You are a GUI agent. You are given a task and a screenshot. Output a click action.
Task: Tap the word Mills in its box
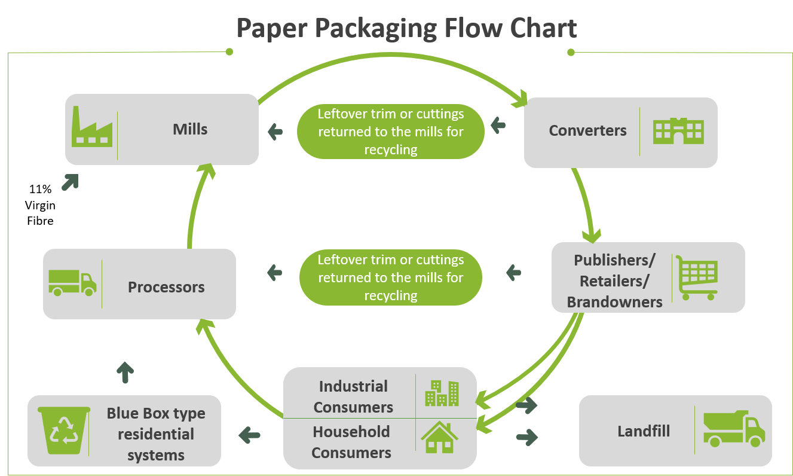[190, 129]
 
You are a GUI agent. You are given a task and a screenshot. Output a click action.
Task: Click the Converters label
[587, 131]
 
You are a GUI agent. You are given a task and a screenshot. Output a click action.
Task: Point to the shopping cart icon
[697, 277]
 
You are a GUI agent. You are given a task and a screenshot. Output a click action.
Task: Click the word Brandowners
[614, 302]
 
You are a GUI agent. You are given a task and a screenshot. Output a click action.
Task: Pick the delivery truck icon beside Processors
[72, 282]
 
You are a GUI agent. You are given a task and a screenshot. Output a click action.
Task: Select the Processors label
[166, 287]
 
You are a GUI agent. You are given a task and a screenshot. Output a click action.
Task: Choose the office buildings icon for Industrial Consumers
[442, 393]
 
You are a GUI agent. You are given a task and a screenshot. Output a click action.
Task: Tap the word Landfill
[643, 431]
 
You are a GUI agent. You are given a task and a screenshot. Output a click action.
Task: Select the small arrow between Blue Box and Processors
[125, 372]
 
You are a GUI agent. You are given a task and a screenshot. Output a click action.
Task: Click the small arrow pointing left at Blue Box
[249, 435]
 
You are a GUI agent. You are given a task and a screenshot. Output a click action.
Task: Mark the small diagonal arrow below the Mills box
[70, 182]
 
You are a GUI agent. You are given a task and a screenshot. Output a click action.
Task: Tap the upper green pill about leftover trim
[390, 132]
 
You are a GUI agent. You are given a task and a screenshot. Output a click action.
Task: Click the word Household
[351, 432]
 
